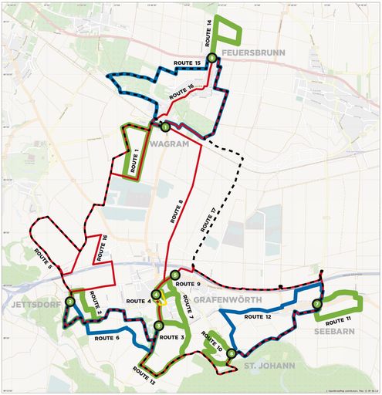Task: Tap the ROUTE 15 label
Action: coord(188,62)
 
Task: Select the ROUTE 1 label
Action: coord(133,158)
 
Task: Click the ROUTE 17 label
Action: coord(205,221)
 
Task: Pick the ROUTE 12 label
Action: coord(259,316)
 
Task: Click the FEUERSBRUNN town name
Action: coord(253,52)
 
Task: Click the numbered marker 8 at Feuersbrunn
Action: coord(211,47)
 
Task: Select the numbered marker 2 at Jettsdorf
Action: coord(70,302)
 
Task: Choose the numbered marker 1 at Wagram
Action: coord(164,127)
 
